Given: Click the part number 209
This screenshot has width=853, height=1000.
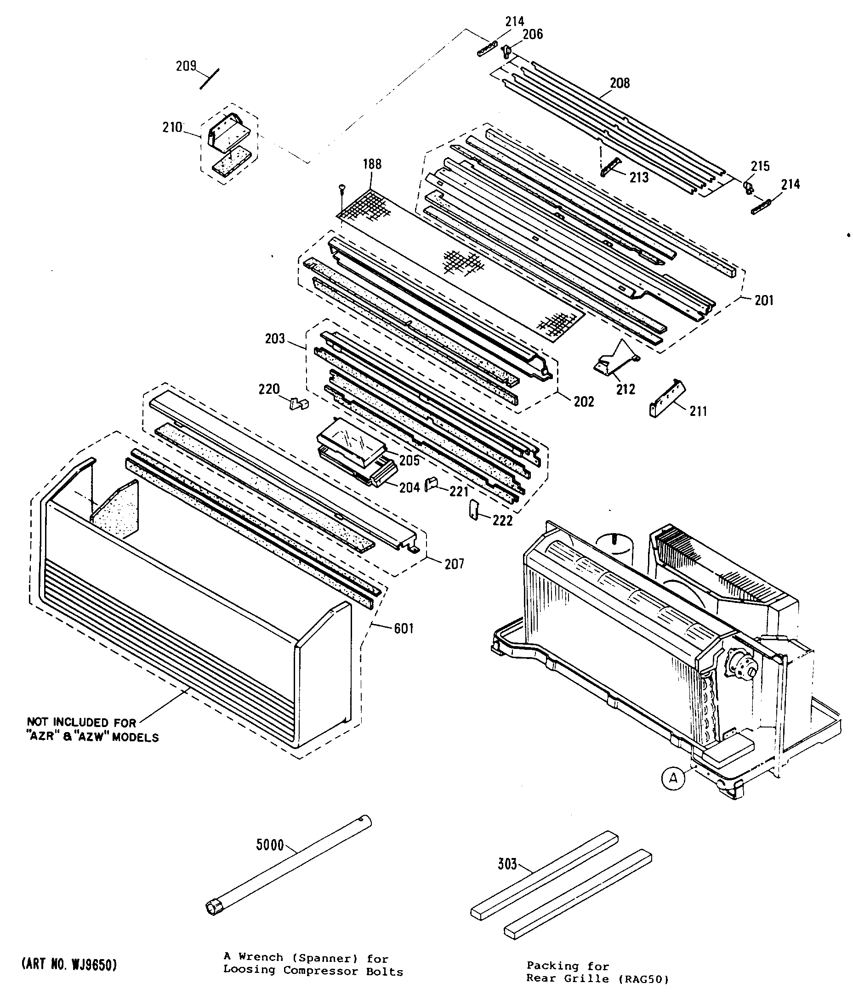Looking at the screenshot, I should coord(186,66).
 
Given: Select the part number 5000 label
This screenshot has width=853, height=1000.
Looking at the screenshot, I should coord(270,845).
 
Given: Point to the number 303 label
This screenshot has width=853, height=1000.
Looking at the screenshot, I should coord(507,864).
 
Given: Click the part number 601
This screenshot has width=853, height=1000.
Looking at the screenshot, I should coord(404,628).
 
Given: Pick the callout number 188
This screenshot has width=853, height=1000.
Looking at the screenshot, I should coord(372,164).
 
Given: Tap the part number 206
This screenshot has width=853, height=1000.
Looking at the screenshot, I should coord(533,34).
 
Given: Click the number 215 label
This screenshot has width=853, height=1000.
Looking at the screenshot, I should coord(760,166).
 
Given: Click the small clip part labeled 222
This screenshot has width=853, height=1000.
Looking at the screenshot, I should coord(473,511).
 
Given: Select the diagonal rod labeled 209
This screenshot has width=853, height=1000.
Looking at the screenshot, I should coord(210,79).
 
